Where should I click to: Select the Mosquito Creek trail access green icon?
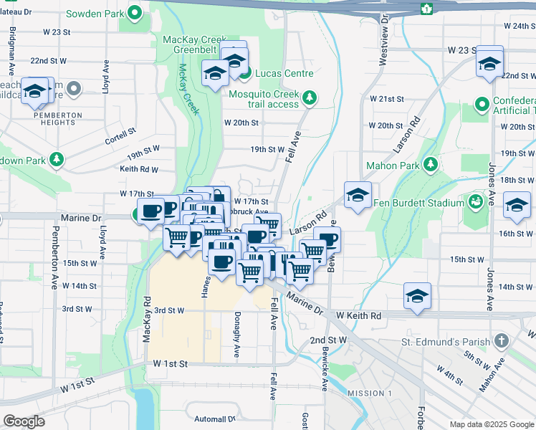[309, 97]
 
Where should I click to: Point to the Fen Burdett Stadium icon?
[475, 203]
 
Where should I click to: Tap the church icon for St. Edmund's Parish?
[502, 342]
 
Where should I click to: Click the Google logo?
[24, 421]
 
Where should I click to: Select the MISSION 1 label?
[369, 393]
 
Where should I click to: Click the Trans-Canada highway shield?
[427, 8]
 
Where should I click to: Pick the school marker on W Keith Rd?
[417, 296]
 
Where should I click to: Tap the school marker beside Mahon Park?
[358, 194]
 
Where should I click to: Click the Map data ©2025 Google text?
[491, 424]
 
